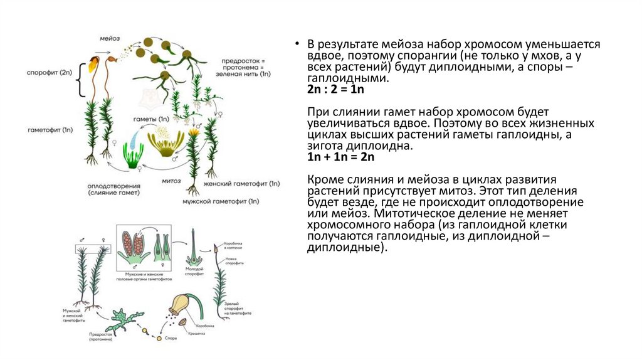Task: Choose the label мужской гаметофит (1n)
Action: click(221, 202)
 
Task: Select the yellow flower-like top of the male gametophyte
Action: click(194, 132)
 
